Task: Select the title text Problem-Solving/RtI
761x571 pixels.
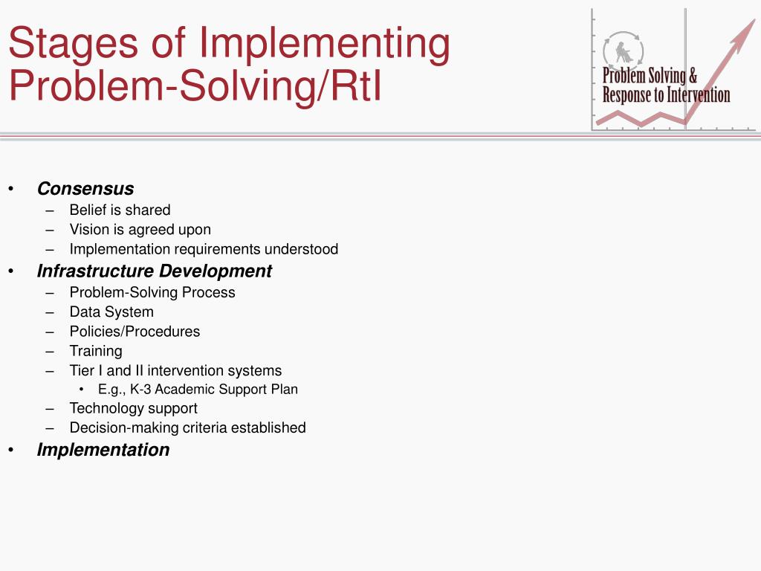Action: click(x=194, y=86)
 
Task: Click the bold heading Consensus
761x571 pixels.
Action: click(x=85, y=189)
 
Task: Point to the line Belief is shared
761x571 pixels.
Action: click(x=120, y=210)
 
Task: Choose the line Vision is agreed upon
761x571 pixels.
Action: click(x=140, y=230)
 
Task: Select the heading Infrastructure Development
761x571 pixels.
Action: click(x=154, y=271)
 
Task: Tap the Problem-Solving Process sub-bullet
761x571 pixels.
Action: click(x=152, y=292)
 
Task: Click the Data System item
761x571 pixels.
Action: click(x=111, y=312)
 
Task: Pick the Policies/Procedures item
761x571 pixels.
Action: click(x=135, y=332)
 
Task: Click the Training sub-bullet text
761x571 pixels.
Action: click(x=96, y=351)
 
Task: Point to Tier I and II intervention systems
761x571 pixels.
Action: click(x=175, y=370)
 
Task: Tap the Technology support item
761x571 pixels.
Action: click(x=133, y=408)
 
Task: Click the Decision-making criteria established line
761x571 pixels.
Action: click(x=187, y=428)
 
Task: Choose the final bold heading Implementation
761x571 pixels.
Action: click(x=103, y=450)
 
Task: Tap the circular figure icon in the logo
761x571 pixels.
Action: click(x=623, y=51)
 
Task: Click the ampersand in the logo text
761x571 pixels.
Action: click(x=693, y=76)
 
